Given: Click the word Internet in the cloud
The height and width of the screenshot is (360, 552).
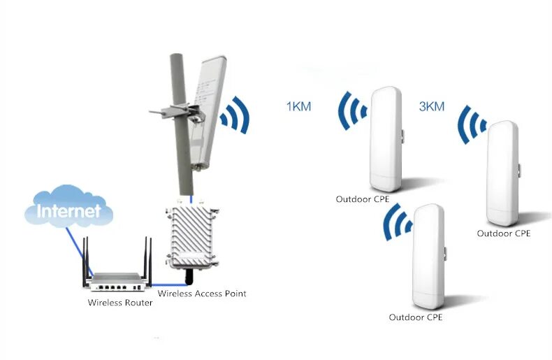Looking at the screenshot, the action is click(x=68, y=210).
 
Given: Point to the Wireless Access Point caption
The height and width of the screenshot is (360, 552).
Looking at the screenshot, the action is click(x=202, y=294).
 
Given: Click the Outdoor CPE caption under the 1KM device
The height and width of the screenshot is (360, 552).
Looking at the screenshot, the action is click(x=362, y=199).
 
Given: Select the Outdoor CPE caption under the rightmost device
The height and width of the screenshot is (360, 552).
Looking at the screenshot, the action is click(x=503, y=233).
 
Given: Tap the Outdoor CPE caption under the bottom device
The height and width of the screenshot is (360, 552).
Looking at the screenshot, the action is click(x=416, y=317).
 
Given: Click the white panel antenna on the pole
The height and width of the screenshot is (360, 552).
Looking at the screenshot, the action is click(x=209, y=112).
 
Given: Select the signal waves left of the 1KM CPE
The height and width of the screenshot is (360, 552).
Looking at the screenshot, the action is click(x=354, y=111).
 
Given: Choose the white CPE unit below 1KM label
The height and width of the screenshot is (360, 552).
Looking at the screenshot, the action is click(x=386, y=140).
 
